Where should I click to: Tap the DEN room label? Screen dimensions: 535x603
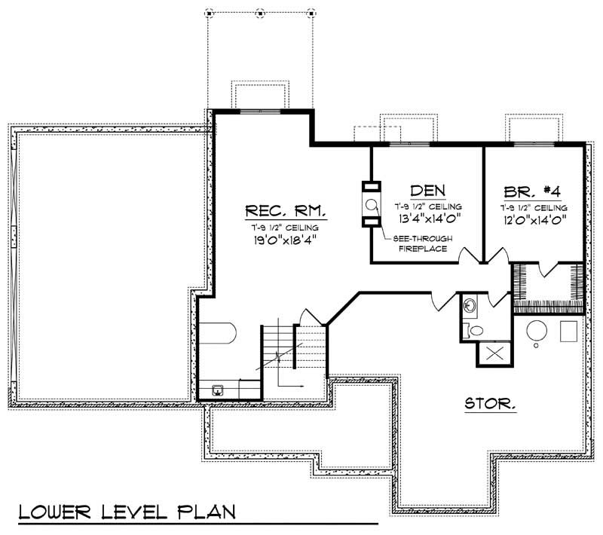pos(427,190)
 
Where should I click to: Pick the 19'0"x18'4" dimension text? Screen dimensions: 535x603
pos(284,241)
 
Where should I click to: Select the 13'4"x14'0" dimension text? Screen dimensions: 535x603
pos(427,220)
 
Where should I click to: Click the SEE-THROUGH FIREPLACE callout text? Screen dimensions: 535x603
pos(421,243)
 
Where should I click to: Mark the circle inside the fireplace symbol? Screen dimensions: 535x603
pos(372,204)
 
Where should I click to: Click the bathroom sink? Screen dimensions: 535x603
pos(470,306)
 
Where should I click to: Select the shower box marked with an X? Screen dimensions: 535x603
pos(494,353)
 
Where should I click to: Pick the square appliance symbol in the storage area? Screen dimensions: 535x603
pos(569,330)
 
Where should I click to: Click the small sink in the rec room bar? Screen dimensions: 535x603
pos(217,390)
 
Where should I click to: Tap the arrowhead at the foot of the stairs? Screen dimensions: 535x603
pos(302,386)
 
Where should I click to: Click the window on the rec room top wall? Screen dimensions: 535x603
pos(260,112)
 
